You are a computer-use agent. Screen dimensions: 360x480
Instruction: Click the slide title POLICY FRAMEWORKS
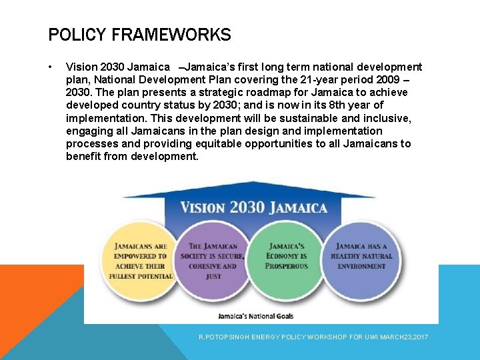coord(139,35)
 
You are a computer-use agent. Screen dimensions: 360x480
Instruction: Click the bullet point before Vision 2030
coord(51,67)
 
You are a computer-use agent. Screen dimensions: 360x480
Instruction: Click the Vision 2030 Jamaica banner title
coord(253,207)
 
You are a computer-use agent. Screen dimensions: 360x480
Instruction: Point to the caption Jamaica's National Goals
coord(255,315)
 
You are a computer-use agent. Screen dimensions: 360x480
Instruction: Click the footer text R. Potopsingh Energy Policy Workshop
coord(313,337)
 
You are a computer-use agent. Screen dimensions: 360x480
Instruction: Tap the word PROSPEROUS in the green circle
coord(287,266)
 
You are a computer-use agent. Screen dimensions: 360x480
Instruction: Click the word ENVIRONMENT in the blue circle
coord(361,266)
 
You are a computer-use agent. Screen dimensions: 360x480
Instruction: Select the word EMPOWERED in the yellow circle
coord(140,256)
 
